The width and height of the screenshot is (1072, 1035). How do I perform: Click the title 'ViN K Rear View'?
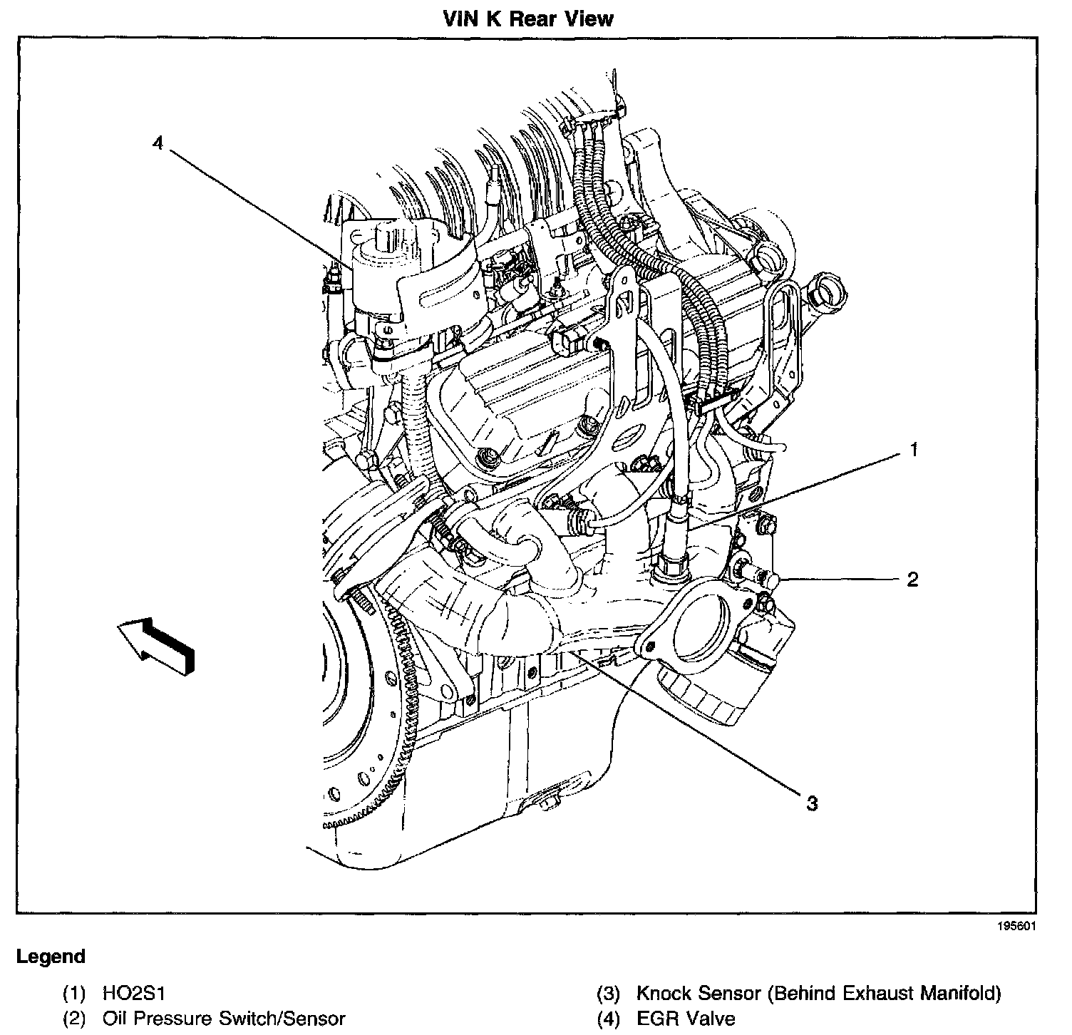527,18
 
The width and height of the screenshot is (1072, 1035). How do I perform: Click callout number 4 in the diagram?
158,143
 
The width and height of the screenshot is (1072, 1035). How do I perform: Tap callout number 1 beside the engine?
913,450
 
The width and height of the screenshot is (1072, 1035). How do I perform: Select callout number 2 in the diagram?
912,579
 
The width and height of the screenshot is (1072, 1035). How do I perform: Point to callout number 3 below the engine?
812,803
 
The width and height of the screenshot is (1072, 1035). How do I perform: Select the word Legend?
51,957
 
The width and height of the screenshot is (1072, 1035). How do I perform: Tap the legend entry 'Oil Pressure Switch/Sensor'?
224,1019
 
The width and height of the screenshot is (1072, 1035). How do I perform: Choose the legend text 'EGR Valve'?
685,1019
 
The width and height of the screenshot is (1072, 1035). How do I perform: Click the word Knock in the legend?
664,993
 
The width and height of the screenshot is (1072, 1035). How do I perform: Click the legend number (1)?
74,993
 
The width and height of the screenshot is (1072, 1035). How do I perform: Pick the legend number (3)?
608,993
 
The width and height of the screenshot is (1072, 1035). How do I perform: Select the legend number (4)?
608,1019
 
